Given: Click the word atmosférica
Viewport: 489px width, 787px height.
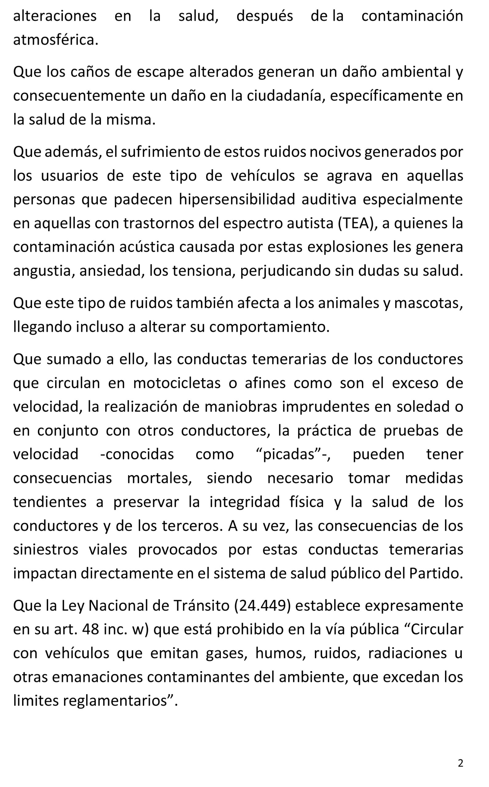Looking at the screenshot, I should click(55, 40).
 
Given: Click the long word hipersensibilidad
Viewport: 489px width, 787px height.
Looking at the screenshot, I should click(237, 200).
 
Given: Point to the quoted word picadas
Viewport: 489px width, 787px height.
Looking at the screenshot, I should click(289, 454).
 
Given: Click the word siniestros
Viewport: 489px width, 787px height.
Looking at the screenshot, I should click(46, 549).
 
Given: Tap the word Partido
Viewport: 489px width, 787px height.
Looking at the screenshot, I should click(436, 573).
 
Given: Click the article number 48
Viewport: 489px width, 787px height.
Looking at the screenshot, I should click(90, 629).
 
